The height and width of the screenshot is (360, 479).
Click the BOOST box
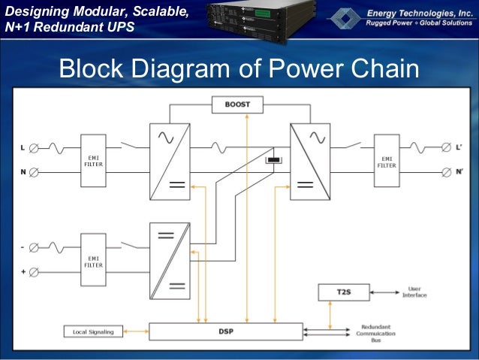pos(237,104)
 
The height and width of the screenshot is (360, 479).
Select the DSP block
pos(226,331)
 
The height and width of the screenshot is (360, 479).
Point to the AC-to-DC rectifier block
pos(170,162)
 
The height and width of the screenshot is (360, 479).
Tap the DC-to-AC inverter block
pos(310,162)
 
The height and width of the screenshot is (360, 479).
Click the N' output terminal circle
pos(446,172)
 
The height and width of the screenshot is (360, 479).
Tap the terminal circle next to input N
pos(35,172)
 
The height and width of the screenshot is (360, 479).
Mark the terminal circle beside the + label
pos(35,270)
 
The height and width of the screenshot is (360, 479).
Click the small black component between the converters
pos(275,160)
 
